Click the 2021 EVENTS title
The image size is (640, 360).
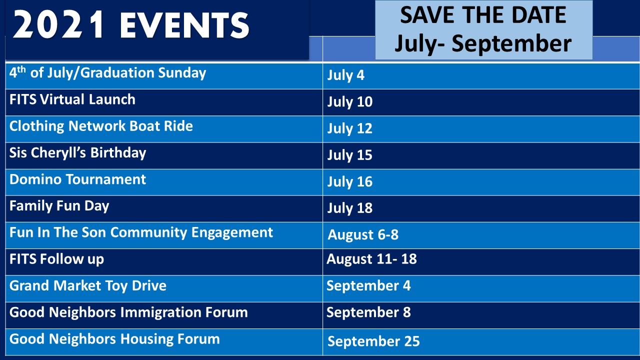point(131,25)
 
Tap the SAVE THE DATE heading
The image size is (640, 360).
point(483,15)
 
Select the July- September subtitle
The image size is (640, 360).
point(483,43)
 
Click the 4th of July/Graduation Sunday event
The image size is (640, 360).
point(107,72)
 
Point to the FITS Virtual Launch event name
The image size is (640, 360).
point(72,99)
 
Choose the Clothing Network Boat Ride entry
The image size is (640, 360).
point(101,126)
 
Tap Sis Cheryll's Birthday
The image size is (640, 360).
point(77,153)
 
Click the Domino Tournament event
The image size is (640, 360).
point(77,179)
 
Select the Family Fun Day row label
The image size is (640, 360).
point(59,206)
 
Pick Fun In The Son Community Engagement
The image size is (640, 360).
point(141,232)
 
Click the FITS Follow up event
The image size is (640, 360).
point(56,259)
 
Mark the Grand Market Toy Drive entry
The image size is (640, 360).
point(87,285)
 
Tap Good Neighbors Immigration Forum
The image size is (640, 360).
point(128,312)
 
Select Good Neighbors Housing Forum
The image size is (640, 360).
point(114,339)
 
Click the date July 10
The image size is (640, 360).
point(350,102)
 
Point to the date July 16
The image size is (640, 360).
point(350,182)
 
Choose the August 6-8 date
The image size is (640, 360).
point(363,235)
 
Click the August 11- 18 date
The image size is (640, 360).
point(371,259)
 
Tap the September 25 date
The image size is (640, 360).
point(373,341)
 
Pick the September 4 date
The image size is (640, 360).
point(368,285)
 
